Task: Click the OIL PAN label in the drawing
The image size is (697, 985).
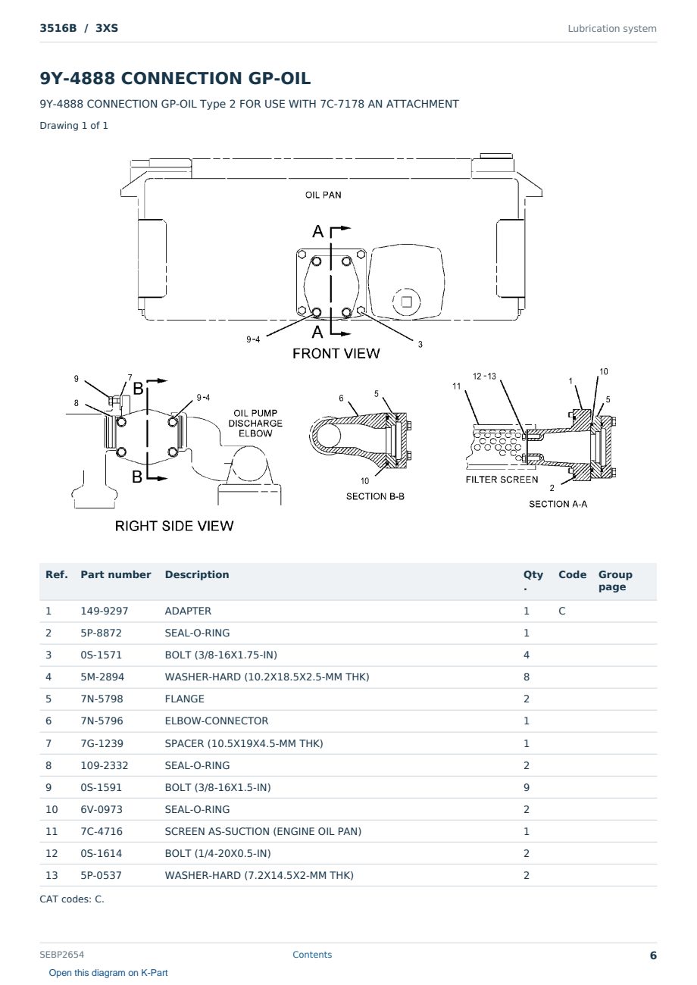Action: (323, 195)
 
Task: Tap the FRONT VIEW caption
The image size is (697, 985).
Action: (336, 354)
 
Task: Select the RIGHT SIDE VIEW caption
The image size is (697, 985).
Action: (174, 526)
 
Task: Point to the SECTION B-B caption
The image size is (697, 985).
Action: (375, 496)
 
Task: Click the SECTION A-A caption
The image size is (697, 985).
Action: (558, 504)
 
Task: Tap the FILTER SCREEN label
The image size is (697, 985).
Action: (502, 480)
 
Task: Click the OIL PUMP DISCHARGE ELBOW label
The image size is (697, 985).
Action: (255, 423)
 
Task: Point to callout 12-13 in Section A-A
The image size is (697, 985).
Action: (484, 377)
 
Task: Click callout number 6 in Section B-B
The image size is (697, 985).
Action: (341, 398)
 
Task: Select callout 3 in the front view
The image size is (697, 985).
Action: (420, 344)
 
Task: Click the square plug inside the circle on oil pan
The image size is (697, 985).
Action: (406, 302)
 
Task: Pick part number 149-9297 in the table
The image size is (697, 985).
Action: (105, 611)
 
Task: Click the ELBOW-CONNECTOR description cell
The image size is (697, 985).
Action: (217, 721)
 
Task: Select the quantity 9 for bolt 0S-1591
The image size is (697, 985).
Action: (527, 787)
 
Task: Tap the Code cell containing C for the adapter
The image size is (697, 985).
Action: (561, 611)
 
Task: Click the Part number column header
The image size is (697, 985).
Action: (116, 574)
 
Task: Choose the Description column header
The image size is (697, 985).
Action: (197, 574)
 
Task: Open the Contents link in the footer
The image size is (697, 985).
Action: (312, 954)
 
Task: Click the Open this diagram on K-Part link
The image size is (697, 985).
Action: (108, 973)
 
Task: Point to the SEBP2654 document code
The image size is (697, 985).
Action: (61, 954)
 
